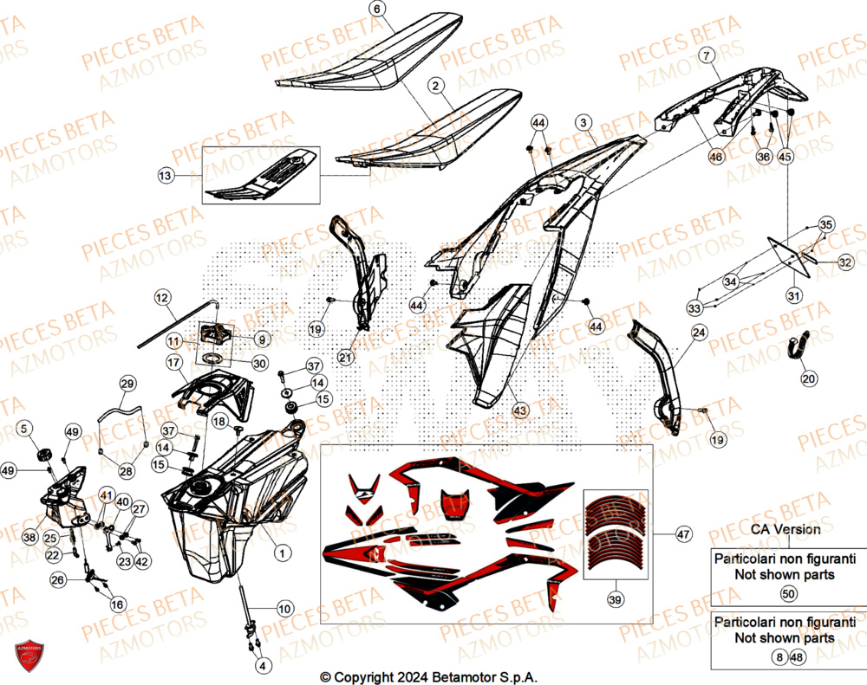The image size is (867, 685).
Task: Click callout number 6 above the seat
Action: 375,10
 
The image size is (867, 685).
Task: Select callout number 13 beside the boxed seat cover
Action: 165,176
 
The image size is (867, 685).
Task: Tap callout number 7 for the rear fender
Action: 707,55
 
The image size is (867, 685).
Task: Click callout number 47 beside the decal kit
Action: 683,535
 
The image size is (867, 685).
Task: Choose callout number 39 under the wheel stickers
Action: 616,598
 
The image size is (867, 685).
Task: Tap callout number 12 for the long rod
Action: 162,298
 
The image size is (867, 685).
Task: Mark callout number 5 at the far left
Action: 25,427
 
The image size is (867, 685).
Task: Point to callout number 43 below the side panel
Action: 518,410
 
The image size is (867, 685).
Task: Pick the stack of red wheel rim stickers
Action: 616,537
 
